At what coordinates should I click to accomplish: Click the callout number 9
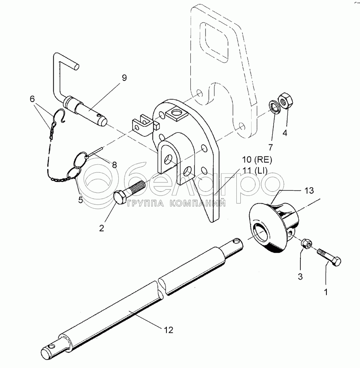(x=124, y=78)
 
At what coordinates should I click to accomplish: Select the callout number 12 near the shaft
(x=168, y=330)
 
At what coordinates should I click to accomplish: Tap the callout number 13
(x=309, y=190)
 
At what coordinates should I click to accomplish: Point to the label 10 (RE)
(x=257, y=160)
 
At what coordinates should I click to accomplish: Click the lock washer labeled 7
(x=274, y=107)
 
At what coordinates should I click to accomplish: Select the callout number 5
(x=80, y=200)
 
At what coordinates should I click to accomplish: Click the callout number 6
(x=32, y=99)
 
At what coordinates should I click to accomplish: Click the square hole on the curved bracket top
(x=177, y=113)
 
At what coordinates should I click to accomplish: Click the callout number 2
(x=101, y=228)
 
